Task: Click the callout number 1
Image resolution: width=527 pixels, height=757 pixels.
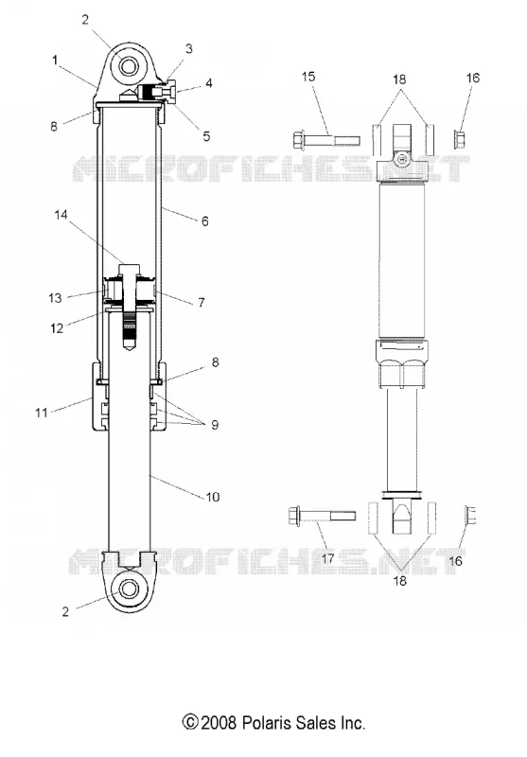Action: coord(55,61)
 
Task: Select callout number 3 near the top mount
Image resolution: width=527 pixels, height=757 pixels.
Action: coord(188,48)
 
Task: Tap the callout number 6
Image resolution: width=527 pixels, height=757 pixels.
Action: coord(204,221)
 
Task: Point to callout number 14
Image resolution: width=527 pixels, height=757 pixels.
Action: coord(61,215)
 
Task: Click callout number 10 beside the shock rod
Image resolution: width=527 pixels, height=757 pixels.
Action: coord(213,497)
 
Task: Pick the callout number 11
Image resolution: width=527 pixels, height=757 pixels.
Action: coord(42,413)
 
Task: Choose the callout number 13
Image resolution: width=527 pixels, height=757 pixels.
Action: coord(55,298)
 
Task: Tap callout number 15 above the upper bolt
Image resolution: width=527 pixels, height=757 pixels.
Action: coord(308,77)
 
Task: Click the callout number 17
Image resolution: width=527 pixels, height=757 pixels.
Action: coord(327,558)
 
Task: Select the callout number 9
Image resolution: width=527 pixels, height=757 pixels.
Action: coord(215,425)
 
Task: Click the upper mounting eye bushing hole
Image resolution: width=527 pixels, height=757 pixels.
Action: coord(129,65)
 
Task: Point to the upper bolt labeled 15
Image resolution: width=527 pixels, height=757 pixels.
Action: coord(326,140)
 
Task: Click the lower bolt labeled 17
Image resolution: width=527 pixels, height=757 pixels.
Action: coord(322,515)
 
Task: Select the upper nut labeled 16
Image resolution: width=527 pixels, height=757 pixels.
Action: coord(460,140)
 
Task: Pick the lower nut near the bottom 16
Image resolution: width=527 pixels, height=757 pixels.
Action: coord(470,516)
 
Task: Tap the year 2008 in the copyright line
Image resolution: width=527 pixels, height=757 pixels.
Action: coord(219,723)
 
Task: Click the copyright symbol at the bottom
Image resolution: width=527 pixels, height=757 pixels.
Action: coord(190,723)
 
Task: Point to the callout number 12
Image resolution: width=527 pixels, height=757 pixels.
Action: coord(57,328)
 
